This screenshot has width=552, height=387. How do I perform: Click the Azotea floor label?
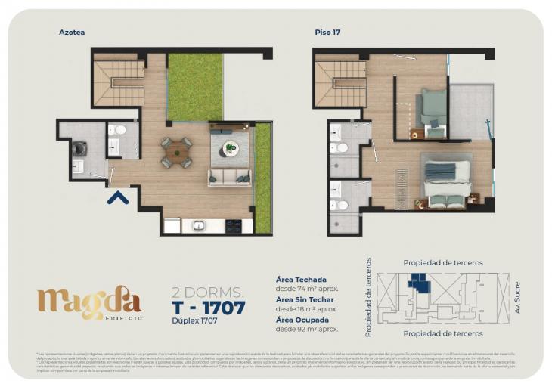click(x=72, y=33)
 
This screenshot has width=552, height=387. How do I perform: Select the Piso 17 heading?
click(x=327, y=33)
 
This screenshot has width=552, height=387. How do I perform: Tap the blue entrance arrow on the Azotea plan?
click(x=116, y=197)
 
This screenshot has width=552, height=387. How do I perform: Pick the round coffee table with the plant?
click(x=231, y=148)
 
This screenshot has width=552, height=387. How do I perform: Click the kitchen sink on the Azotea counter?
click(x=200, y=225)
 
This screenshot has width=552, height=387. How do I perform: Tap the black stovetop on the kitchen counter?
click(x=233, y=225)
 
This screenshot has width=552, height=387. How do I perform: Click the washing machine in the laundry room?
click(x=79, y=148)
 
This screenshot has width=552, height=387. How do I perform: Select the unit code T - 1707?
click(x=209, y=308)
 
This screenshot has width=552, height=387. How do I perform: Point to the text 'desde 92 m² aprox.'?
click(x=307, y=329)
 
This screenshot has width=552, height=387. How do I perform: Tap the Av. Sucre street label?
click(x=517, y=298)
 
